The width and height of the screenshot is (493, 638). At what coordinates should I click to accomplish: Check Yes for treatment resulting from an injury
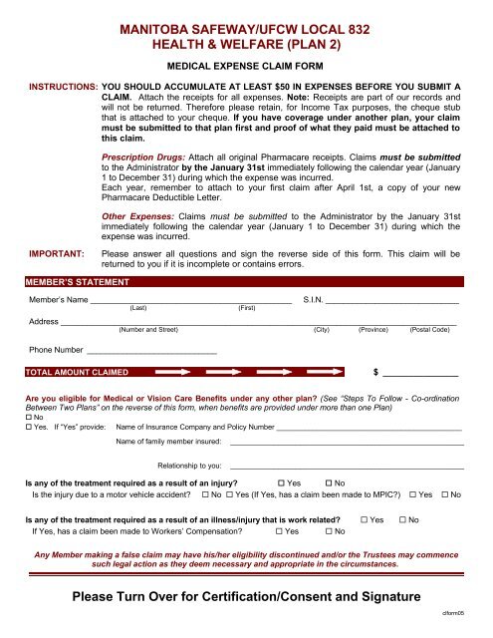282,483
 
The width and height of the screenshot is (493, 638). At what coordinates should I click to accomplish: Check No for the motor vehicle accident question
204,495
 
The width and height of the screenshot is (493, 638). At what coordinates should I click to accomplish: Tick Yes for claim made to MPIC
413,495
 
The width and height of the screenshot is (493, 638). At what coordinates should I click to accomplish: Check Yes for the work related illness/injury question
365,521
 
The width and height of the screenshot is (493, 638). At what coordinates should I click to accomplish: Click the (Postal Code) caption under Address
434,328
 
